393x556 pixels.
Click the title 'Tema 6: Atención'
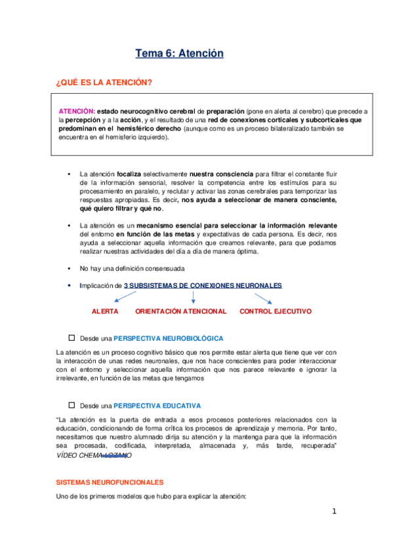179,54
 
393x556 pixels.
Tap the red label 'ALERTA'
105,311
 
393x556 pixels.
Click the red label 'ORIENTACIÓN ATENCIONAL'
180,311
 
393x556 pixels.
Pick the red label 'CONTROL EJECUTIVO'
276,311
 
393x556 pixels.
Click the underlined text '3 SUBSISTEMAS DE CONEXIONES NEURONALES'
203,286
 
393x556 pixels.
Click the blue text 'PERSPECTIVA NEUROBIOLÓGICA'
169,339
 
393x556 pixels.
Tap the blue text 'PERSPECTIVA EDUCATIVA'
157,406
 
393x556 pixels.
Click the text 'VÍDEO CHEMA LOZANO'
94,455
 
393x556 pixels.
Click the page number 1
333,511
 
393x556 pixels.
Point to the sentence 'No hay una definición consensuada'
132,269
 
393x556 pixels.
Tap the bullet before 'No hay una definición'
69,269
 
